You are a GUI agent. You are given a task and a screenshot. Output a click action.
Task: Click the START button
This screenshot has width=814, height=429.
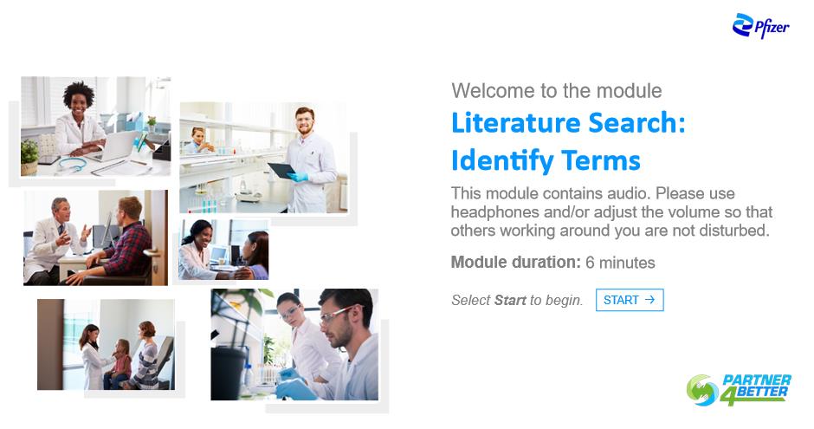coord(630,300)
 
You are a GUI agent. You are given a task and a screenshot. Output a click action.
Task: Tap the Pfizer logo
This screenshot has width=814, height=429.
coord(760,26)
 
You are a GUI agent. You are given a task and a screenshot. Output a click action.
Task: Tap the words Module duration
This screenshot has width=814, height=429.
coord(515,263)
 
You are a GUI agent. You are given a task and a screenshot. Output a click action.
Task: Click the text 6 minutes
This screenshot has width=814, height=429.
coord(620,263)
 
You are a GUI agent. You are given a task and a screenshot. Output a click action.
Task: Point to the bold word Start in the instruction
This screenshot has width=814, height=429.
coord(510,300)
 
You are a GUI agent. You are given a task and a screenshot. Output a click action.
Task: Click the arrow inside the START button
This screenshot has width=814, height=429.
coord(649,300)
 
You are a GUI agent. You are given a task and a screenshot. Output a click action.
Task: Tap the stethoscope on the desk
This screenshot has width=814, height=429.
coord(73,164)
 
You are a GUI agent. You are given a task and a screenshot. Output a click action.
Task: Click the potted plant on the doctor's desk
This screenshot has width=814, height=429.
coord(29,157)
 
